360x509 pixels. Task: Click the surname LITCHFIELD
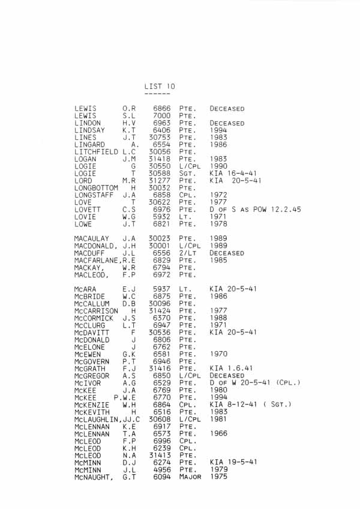(96, 152)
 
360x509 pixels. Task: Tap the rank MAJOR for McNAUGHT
(190, 477)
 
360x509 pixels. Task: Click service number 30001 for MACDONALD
(159, 246)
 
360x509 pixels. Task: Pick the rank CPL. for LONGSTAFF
(187, 195)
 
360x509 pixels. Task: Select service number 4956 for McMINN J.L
(161, 470)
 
